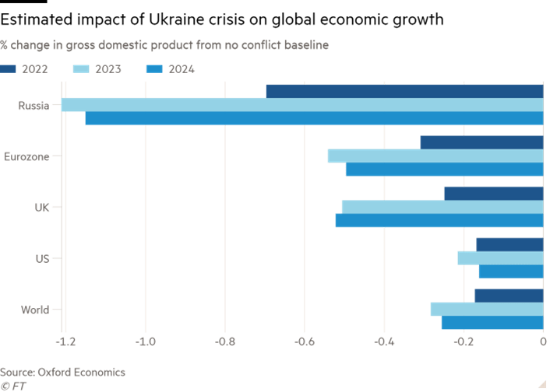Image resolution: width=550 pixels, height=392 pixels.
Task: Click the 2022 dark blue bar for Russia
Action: pyautogui.click(x=404, y=91)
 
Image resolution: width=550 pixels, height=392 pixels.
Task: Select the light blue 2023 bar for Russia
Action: pyautogui.click(x=302, y=104)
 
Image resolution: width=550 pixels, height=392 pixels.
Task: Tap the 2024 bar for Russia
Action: pyautogui.click(x=313, y=118)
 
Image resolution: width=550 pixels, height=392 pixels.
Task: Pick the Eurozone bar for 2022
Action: pyautogui.click(x=481, y=142)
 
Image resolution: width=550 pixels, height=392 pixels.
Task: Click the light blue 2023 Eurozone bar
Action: pyautogui.click(x=435, y=156)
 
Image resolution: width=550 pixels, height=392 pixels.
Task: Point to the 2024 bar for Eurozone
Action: pyautogui.click(x=444, y=170)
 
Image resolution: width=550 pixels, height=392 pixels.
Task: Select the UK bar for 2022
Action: pyautogui.click(x=492, y=193)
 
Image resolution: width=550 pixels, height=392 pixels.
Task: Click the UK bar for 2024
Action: pyautogui.click(x=439, y=220)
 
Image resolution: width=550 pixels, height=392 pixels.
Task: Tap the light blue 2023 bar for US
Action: pyautogui.click(x=499, y=258)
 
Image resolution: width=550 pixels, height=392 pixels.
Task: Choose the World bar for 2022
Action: pyautogui.click(x=508, y=296)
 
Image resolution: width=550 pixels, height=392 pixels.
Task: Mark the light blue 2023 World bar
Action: pyautogui.click(x=486, y=309)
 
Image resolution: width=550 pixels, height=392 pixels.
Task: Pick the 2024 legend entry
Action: pyautogui.click(x=170, y=69)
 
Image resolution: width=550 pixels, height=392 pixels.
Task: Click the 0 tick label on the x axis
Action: pyautogui.click(x=542, y=341)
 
